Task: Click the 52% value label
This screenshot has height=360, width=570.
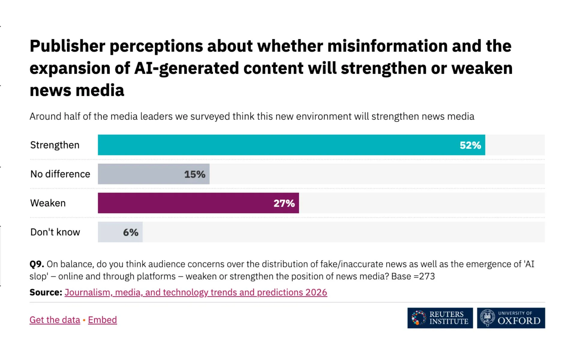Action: (470, 145)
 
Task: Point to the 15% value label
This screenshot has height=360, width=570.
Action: (195, 174)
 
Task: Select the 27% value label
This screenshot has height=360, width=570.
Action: (284, 203)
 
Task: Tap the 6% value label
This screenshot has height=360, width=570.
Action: (130, 232)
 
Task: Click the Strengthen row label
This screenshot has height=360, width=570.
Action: (55, 145)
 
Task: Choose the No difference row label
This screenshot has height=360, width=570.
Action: (60, 174)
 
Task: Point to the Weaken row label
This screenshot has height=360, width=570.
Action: (48, 203)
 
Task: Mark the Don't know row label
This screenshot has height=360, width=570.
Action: (55, 232)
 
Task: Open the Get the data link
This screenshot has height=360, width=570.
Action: (55, 320)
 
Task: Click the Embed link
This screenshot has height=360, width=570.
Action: (102, 320)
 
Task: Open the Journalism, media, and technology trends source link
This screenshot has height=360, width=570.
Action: (196, 292)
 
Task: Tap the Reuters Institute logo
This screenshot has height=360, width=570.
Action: (440, 318)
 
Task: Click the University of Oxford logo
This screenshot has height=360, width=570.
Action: (511, 318)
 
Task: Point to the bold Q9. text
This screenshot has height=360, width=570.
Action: (37, 264)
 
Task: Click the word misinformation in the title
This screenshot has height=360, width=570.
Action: (387, 46)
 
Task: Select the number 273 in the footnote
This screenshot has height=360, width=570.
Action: (427, 276)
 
